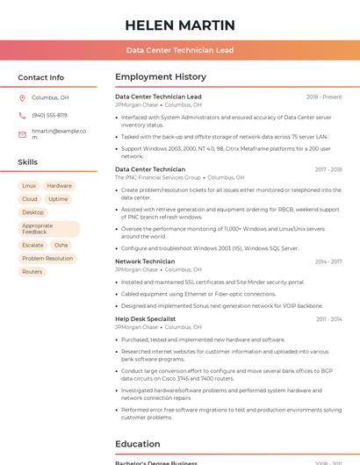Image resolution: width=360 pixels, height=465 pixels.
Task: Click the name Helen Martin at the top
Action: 179,25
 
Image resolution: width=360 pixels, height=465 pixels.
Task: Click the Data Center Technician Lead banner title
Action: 179,50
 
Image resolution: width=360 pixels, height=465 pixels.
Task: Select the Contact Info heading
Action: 41,77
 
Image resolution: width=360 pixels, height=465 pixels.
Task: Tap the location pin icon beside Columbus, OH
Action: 22,98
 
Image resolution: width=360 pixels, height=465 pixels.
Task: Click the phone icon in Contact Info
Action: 22,115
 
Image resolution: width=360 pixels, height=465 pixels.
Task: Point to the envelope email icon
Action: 22,134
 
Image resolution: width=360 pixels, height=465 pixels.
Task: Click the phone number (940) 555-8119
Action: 49,115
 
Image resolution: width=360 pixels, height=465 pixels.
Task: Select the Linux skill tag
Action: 29,186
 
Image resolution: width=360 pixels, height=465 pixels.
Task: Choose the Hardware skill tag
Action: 60,186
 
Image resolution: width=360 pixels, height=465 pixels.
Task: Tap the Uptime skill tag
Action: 58,199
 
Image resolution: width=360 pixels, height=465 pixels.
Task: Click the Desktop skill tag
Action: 32,212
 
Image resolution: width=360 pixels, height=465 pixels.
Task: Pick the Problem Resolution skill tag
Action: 47,259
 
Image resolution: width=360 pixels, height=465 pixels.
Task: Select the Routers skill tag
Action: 32,272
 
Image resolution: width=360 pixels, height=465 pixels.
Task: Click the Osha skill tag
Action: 61,246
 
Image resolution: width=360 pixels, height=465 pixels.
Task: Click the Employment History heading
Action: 161,77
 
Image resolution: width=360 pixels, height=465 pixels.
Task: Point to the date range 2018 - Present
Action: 324,97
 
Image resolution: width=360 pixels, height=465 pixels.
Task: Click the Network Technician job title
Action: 145,261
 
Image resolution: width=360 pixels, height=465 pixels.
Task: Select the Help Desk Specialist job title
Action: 146,318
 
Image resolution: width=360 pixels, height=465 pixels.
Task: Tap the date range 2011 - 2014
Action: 328,319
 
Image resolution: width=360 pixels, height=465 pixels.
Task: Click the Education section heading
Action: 138,444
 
